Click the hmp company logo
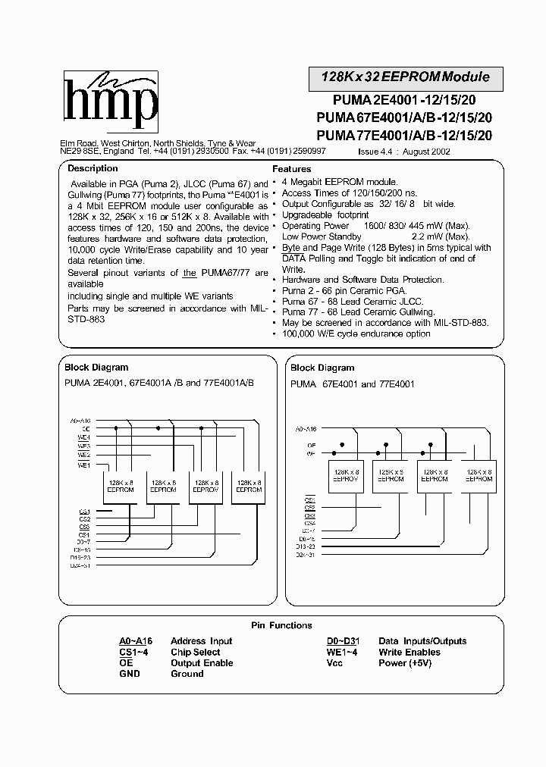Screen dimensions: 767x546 pos(110,103)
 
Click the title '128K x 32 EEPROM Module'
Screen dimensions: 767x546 pos(406,77)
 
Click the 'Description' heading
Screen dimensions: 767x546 pos(93,168)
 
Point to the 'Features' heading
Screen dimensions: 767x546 pos(292,169)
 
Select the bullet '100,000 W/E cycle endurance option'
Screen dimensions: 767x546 pos(357,333)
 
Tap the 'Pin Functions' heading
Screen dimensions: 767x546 pos(281,625)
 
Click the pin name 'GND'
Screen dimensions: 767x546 pos(130,674)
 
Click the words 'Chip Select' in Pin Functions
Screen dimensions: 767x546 pos(196,653)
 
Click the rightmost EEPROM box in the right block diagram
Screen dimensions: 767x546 pos(479,474)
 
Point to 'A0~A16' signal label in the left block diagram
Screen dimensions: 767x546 pos(80,420)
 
